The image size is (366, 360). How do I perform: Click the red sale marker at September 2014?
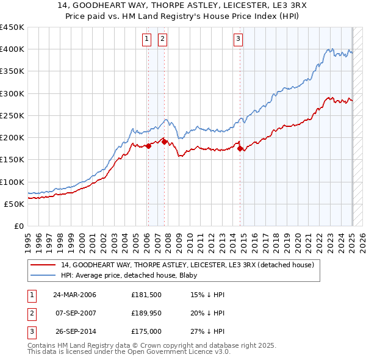[x=240, y=148]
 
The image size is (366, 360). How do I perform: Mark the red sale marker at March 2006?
[x=148, y=145]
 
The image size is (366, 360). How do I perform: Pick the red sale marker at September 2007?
[x=164, y=142]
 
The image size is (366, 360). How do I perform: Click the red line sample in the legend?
[x=42, y=265]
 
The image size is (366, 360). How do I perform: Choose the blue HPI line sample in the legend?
[x=42, y=275]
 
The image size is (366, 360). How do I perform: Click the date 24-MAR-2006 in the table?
[x=75, y=295]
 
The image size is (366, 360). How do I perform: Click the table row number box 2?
[x=30, y=314]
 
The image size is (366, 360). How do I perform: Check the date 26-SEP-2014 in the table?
[x=75, y=332]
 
